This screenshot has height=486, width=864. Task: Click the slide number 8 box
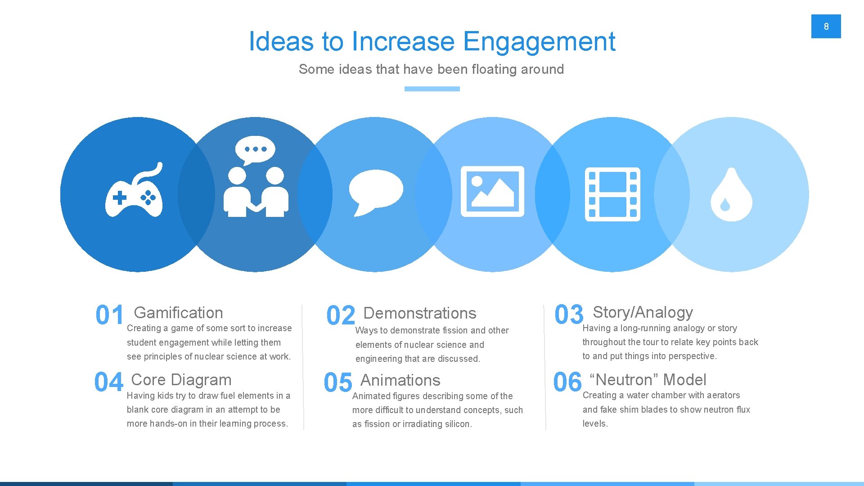pyautogui.click(x=826, y=26)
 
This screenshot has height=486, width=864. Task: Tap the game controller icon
pyautogui.click(x=134, y=191)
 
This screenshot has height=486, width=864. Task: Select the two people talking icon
pyautogui.click(x=256, y=178)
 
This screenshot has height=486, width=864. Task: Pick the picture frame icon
pyautogui.click(x=492, y=191)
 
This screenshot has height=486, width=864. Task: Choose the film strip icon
pyautogui.click(x=612, y=194)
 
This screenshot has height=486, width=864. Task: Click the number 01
pyautogui.click(x=109, y=315)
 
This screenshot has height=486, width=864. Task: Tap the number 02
pyautogui.click(x=341, y=315)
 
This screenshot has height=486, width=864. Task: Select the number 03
pyautogui.click(x=569, y=314)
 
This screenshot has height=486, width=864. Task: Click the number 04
pyautogui.click(x=108, y=382)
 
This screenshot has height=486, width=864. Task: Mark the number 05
pyautogui.click(x=338, y=382)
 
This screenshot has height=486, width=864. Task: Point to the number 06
pyautogui.click(x=567, y=382)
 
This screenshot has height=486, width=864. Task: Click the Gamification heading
pyautogui.click(x=178, y=313)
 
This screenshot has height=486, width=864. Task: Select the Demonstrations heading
pyautogui.click(x=419, y=313)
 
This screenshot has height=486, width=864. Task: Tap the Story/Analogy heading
pyautogui.click(x=643, y=312)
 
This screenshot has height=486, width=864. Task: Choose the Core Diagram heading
pyautogui.click(x=181, y=380)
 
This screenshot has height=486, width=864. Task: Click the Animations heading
pyautogui.click(x=400, y=380)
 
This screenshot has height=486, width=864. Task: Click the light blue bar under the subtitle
pyautogui.click(x=432, y=89)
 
